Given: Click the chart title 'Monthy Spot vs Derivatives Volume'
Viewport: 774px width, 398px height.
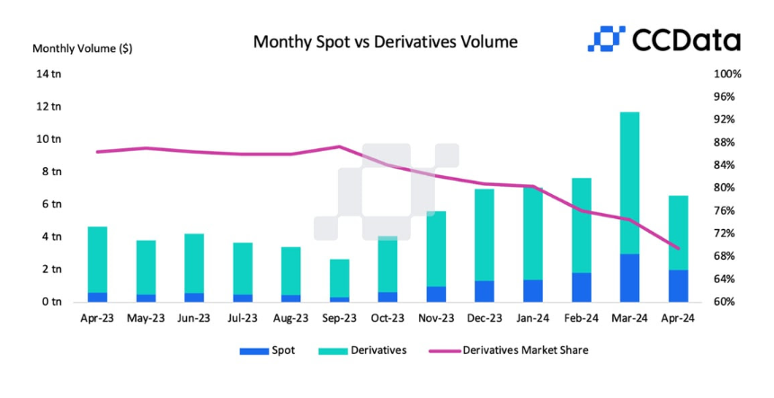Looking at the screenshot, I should pos(385,41).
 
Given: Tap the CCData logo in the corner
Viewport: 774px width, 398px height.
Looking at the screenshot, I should pos(664,39).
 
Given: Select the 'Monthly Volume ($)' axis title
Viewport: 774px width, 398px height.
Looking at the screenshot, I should pos(82,49).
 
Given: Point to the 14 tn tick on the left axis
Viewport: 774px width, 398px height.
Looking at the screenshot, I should pos(49,74).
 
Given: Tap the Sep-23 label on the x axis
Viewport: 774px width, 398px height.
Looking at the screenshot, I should pos(340,318).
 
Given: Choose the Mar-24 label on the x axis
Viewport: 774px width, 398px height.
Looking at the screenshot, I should pos(630,318).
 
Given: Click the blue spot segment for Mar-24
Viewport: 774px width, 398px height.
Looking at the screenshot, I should pos(630,278).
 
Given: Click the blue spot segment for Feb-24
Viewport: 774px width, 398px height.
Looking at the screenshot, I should pos(582,287).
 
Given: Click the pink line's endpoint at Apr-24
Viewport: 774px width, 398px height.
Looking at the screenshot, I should pos(679,249).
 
